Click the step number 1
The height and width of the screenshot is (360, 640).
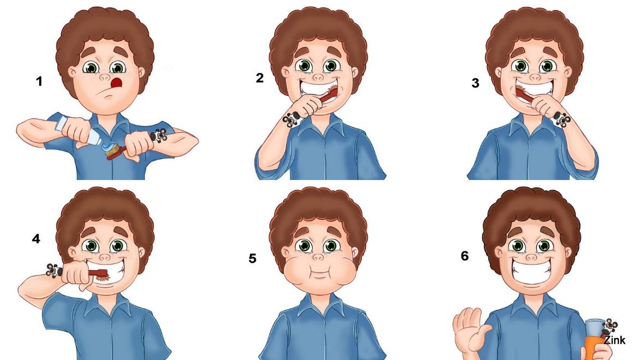39,81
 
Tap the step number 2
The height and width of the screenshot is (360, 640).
260,78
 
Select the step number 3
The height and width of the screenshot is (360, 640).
475,83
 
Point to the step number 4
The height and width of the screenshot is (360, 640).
36,238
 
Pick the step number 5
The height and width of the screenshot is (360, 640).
252,259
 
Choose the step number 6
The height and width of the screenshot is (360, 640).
464,256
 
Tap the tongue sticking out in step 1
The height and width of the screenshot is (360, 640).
117,83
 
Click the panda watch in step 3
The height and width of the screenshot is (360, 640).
561,119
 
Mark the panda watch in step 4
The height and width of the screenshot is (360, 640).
54,270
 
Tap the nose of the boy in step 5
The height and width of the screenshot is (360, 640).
319,257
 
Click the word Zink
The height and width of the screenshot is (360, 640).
614,340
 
